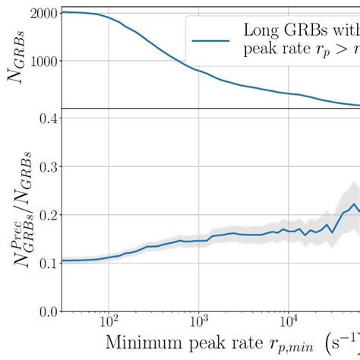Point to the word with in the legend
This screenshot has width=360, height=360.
pos(346,31)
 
